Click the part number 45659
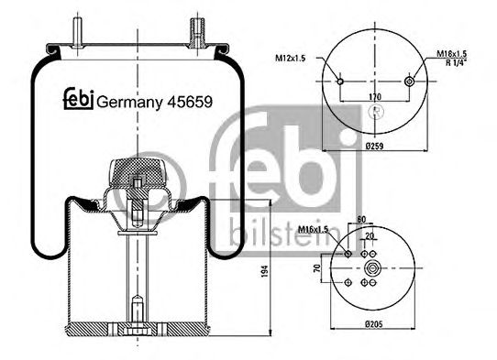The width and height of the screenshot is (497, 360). coord(189,103)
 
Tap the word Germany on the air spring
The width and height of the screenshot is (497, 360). coord(127,103)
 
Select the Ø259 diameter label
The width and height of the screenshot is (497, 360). coord(372,147)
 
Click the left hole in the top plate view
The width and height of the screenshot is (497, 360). coord(340,82)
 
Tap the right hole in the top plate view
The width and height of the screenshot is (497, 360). coord(408,82)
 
